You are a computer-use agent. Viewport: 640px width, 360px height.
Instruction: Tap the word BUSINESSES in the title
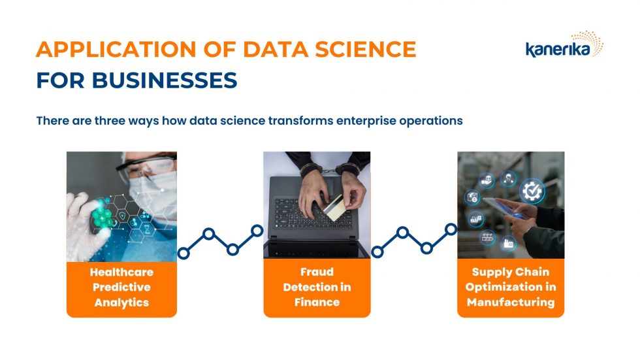tap(164, 80)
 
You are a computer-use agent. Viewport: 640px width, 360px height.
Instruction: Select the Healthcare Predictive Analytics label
tap(121, 287)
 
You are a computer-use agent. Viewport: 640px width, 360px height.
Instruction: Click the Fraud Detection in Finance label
tap(317, 287)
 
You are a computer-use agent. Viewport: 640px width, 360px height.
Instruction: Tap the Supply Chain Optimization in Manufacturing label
tap(510, 287)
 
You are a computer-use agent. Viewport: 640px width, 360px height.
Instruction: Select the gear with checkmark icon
tap(532, 191)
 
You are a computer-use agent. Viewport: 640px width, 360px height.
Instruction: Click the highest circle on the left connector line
tap(257, 230)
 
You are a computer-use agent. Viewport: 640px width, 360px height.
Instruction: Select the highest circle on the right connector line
tap(451, 229)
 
